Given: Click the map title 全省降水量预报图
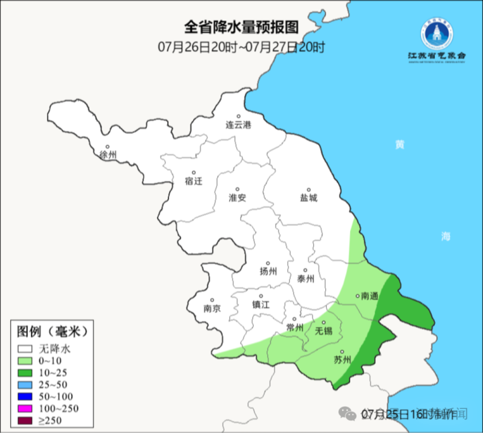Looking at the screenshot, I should (241, 27).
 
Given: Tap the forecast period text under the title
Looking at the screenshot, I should (241, 47).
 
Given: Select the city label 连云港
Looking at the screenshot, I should (237, 125).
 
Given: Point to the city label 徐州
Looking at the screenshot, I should (107, 155).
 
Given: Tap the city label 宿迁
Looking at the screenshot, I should (193, 180).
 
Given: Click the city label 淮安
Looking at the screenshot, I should (237, 197).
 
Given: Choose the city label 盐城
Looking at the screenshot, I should (309, 198).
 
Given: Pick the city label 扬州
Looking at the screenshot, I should (268, 271).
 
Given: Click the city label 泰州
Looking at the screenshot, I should (305, 280).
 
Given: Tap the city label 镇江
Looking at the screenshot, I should (260, 304).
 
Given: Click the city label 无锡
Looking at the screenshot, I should (323, 330).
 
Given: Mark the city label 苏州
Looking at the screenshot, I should (342, 360).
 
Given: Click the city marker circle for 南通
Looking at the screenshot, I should (357, 295).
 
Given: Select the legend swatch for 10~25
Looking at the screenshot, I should (26, 373).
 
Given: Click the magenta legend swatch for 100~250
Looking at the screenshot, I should (26, 409).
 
